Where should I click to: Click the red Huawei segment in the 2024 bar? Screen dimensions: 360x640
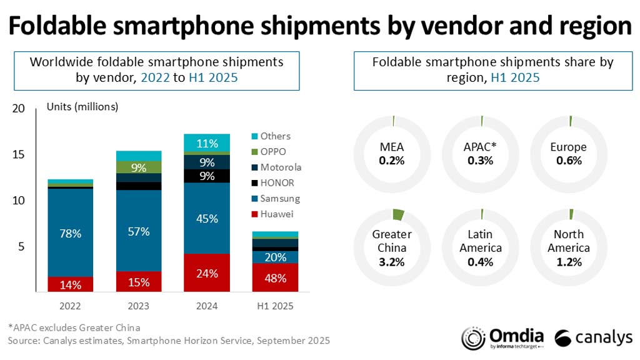(207, 272)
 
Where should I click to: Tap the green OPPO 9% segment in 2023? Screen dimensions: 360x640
(138, 167)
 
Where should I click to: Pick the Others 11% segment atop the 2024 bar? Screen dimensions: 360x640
(207, 143)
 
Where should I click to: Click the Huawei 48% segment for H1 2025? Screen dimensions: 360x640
(276, 277)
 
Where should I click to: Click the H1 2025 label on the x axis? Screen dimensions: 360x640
(276, 307)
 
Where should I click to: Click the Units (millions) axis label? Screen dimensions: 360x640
(82, 107)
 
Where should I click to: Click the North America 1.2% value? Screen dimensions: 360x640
(568, 261)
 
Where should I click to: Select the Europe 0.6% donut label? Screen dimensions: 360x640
(568, 153)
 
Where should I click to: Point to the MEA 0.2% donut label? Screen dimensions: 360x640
(392, 153)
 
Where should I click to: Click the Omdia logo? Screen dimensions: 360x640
(503, 337)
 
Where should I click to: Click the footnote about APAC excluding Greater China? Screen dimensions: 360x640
(74, 327)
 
